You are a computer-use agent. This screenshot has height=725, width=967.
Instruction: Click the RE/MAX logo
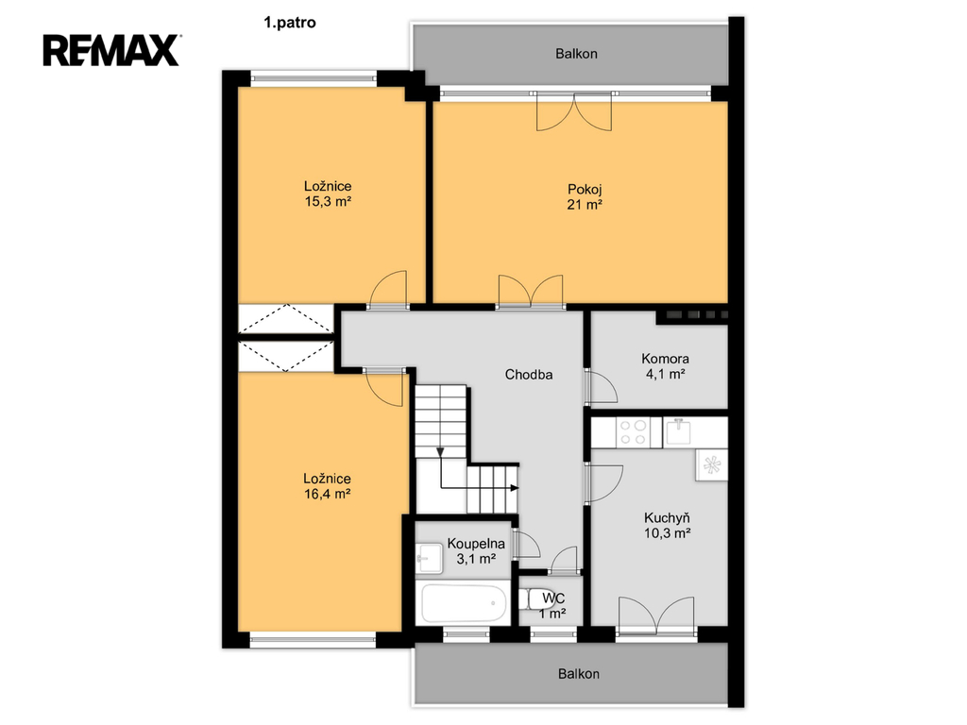[x=111, y=51]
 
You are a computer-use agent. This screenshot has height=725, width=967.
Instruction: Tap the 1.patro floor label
[x=290, y=23]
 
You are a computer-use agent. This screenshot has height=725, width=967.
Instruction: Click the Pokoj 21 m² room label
[x=585, y=197]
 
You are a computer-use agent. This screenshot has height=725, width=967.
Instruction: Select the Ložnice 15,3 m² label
[x=328, y=194]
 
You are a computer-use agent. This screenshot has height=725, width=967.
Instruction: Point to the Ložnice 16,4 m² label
[x=327, y=486]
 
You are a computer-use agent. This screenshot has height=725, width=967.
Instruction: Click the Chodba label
[x=529, y=374]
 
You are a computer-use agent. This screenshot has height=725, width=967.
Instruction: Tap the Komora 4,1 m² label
[x=665, y=366]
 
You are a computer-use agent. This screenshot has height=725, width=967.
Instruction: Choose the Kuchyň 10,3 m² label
[x=667, y=525]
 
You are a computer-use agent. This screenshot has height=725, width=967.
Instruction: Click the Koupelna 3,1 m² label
[x=476, y=551]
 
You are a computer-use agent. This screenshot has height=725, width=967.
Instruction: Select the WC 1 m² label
[x=553, y=605]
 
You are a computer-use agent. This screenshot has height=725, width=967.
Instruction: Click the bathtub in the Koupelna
[x=464, y=603]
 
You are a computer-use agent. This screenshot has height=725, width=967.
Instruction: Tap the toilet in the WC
[x=532, y=599]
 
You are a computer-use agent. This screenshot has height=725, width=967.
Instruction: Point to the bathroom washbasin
[x=430, y=558]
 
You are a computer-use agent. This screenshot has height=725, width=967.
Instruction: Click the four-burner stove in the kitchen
[x=633, y=431]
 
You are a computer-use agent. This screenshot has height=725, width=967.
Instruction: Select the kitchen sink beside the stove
[x=679, y=430]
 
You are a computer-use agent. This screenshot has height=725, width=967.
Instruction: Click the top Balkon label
[x=576, y=54]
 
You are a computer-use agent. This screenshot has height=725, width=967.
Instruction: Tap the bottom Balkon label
[x=579, y=674]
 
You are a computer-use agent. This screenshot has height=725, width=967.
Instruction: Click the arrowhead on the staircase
[x=515, y=488]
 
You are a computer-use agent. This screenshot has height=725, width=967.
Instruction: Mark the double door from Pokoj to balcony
[x=574, y=111]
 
